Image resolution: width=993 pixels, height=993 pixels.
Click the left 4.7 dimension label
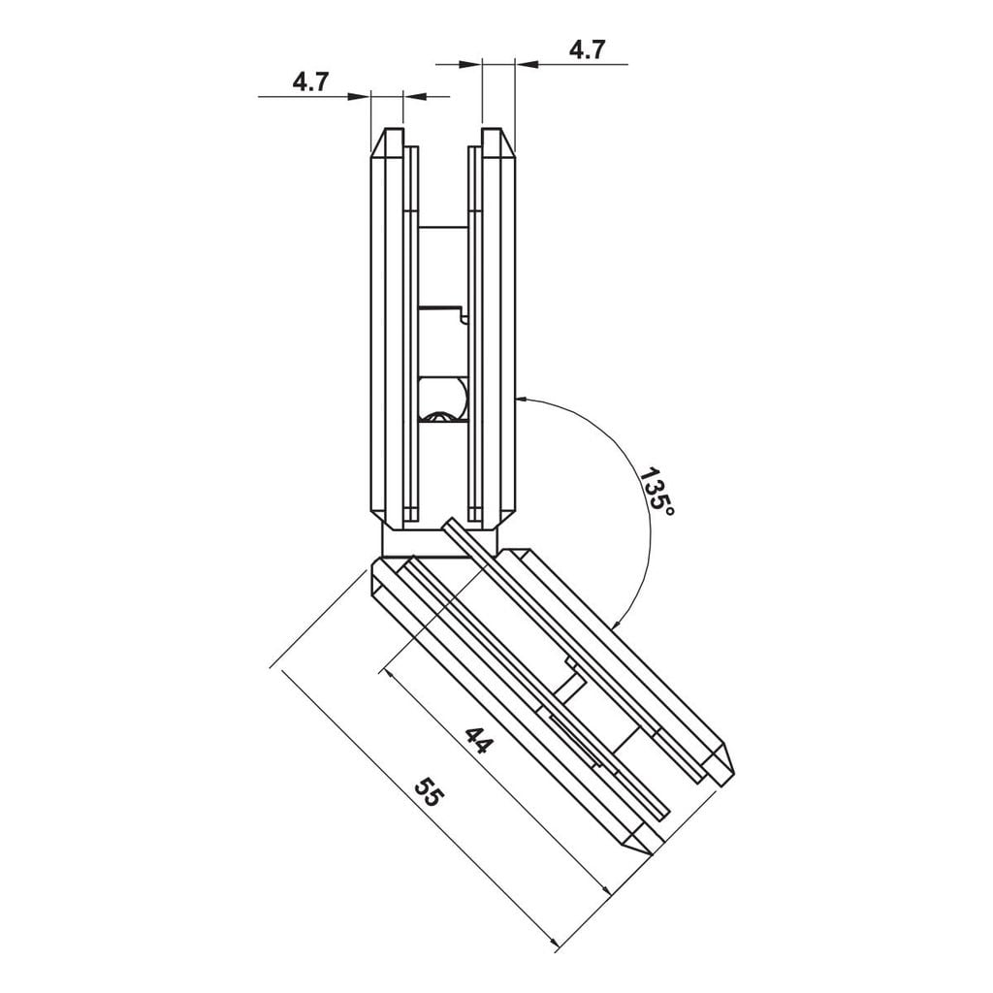pos(311,81)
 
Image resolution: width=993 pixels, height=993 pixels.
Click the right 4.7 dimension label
pos(587,50)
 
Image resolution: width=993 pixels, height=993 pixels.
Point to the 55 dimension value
pos(428,791)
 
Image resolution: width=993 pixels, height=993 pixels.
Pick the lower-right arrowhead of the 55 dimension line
pos(554,944)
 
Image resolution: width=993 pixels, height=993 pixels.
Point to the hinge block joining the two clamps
pos(441,541)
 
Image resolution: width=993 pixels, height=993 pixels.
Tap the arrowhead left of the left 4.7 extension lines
pos(361,96)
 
